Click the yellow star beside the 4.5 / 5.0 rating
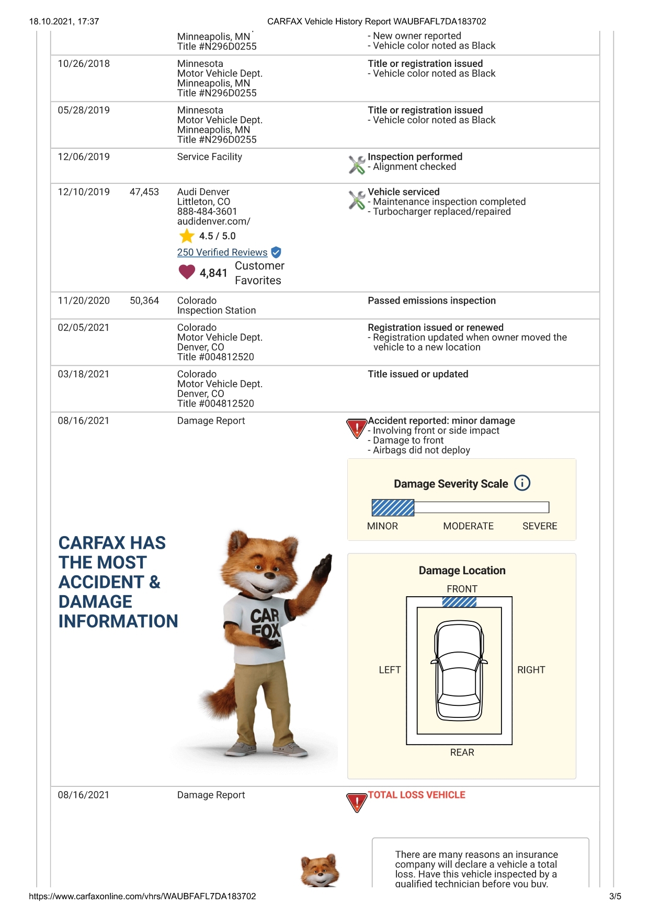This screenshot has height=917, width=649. point(187,236)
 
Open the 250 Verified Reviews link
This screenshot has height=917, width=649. point(222,252)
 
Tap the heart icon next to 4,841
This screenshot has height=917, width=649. point(187,272)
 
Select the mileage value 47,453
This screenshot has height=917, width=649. point(144,192)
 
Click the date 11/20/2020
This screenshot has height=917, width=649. point(84,300)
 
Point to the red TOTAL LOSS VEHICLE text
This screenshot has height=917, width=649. point(416,795)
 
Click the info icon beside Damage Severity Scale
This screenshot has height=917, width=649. point(522,483)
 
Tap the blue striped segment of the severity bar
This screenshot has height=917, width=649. point(393,507)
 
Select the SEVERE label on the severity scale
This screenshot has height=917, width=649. point(540,526)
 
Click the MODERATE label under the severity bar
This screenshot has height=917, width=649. point(468,526)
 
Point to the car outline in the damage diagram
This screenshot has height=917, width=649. point(459,670)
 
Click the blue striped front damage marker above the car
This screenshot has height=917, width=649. point(459,602)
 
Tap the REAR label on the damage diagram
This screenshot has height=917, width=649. point(462,752)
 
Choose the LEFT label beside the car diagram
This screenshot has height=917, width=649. point(390,670)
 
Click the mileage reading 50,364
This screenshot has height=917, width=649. point(144,300)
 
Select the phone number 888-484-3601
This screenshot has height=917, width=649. point(207,212)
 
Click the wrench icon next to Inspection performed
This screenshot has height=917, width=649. point(357,165)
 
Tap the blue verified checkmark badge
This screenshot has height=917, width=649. point(276,252)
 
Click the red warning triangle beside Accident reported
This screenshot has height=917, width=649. point(357,428)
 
